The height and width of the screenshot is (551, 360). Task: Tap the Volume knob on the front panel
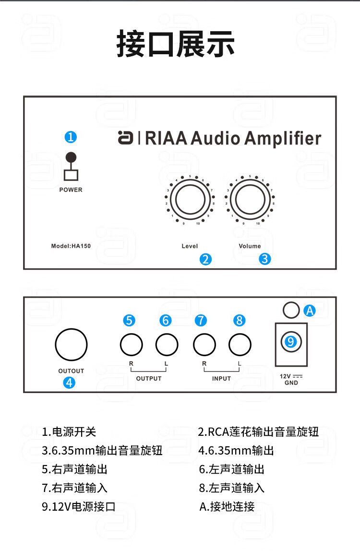click(x=250, y=201)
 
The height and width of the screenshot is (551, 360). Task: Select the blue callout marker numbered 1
click(x=71, y=137)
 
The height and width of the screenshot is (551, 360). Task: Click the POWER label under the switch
click(x=71, y=190)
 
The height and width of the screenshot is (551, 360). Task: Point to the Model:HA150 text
click(x=71, y=246)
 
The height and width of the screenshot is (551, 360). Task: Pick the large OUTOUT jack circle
click(x=71, y=344)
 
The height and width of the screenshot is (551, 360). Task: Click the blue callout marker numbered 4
click(x=70, y=383)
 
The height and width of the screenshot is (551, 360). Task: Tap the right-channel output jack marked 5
click(x=131, y=344)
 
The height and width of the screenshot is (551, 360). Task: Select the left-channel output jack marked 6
click(x=167, y=344)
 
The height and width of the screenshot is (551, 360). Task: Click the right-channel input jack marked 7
click(x=204, y=344)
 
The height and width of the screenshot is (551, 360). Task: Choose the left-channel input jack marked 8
click(x=240, y=344)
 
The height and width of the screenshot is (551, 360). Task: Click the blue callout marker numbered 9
click(x=291, y=341)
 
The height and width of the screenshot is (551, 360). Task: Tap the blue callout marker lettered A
click(x=310, y=311)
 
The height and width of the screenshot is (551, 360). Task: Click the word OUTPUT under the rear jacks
click(x=149, y=378)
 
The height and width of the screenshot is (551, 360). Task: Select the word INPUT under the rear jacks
click(x=222, y=378)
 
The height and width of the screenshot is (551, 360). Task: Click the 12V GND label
click(x=291, y=380)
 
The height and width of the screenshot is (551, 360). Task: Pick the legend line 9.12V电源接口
click(x=79, y=506)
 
